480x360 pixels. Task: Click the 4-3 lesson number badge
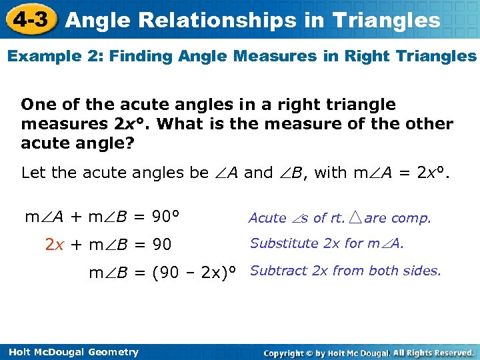[x=30, y=19]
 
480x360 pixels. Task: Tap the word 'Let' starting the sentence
[x=34, y=173]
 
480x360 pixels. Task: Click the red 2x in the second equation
[x=55, y=245]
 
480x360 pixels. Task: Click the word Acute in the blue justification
[x=267, y=218]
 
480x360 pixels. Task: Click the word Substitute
[x=284, y=243]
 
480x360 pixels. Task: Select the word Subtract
[x=278, y=271]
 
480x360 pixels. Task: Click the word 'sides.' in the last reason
[x=423, y=271]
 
